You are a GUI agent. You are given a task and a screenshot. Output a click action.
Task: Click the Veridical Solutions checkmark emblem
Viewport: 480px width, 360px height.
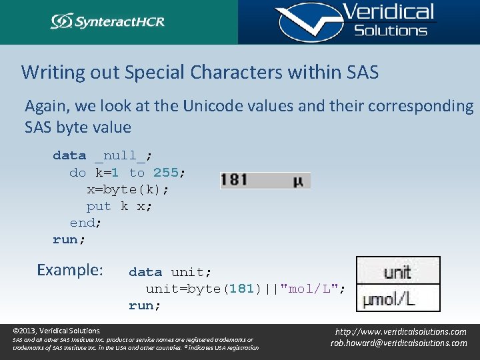tap(304, 22)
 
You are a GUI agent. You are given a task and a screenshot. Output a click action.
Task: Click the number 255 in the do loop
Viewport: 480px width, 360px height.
tap(165, 173)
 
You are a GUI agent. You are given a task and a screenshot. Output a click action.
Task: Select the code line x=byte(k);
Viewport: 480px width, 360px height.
tap(128, 189)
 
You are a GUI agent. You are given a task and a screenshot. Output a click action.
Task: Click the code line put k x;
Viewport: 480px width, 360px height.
tap(119, 206)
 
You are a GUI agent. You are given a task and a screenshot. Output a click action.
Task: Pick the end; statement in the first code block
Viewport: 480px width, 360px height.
tap(86, 223)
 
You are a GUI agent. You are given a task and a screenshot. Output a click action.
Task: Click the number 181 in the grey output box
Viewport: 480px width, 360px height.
tap(234, 180)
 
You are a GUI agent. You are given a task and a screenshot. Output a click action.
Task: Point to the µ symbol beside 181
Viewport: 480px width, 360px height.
tap(297, 181)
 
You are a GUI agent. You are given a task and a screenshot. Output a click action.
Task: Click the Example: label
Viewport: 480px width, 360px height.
tap(70, 270)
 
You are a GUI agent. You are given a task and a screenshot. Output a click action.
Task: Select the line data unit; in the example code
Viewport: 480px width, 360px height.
tap(170, 272)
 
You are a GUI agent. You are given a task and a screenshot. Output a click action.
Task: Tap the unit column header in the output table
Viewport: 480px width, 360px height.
tap(397, 272)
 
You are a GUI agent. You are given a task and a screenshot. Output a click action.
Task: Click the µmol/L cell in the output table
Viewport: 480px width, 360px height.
tap(389, 299)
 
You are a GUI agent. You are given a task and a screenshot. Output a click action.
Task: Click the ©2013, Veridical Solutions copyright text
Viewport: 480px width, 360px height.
tap(57, 331)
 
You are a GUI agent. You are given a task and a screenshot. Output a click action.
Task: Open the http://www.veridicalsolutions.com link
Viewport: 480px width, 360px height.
tap(400, 331)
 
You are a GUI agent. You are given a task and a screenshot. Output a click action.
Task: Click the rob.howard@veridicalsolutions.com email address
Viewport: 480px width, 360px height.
tap(399, 343)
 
